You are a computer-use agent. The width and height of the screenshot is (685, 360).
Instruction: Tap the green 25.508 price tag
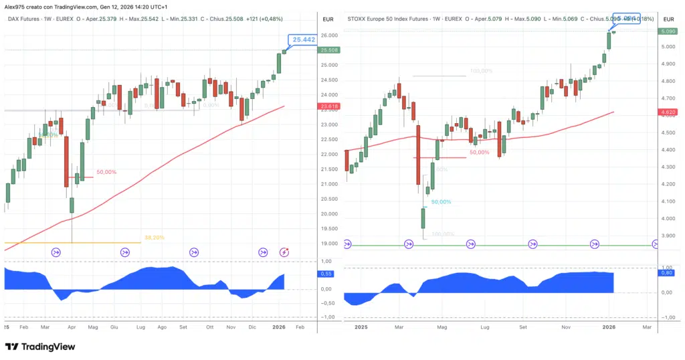pos(330,50)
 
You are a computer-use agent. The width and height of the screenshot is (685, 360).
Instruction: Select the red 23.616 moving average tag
pos(330,106)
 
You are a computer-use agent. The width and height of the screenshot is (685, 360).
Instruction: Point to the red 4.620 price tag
pos(668,112)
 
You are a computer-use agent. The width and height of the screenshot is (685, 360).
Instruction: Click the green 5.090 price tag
pos(668,31)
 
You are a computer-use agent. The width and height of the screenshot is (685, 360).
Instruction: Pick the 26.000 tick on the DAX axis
pos(329,35)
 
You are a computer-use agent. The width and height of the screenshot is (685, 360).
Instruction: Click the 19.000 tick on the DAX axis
pos(329,244)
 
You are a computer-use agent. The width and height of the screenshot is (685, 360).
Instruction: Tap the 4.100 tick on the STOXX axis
pos(668,201)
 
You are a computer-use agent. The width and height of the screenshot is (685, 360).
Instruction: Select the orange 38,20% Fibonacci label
pos(155,238)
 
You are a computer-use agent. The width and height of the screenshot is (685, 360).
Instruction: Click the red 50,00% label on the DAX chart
pos(106,172)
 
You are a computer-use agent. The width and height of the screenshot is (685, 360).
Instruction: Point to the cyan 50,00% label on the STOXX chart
pos(441,201)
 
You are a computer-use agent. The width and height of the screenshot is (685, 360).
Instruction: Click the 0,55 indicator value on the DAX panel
pos(327,274)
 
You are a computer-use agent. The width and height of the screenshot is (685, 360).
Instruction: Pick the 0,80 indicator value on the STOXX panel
pos(667,273)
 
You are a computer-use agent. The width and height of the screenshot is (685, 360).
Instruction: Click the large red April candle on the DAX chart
pos(68,161)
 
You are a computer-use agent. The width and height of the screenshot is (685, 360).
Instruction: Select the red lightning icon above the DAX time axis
pos(284,252)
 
